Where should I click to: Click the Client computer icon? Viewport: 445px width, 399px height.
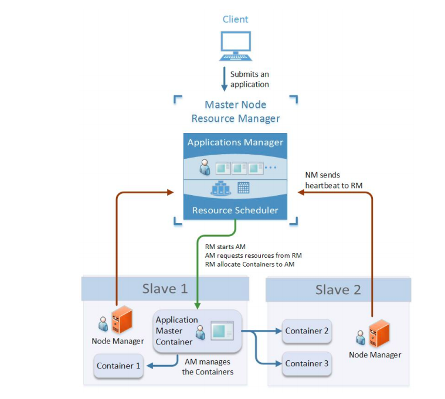coord(235,46)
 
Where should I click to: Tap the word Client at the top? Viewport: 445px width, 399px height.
coord(235,19)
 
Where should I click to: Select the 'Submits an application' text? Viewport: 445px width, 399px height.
coord(249,79)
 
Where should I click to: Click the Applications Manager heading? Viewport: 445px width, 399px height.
coord(235,142)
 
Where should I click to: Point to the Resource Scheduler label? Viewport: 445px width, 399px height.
coord(235,210)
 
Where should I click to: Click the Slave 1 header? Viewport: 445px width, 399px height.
coord(165,289)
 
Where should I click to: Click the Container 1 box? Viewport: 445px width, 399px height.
coord(119,366)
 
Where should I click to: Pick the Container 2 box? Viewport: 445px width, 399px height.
coord(307,331)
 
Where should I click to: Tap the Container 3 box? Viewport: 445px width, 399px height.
coord(307,363)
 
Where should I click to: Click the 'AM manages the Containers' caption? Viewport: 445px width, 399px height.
coord(208,367)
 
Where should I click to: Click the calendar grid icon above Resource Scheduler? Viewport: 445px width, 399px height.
coord(243,188)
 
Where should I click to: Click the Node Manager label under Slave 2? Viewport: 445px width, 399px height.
coord(375,354)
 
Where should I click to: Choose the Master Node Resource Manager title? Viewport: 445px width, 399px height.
coord(235,111)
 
